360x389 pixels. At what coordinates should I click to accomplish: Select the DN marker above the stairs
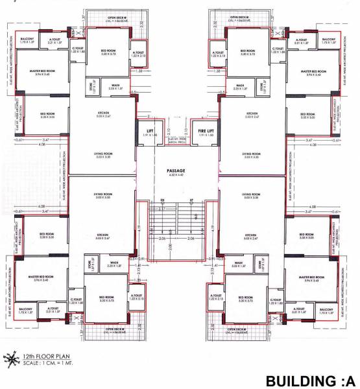[163, 200]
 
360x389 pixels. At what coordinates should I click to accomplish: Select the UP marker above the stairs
[191, 200]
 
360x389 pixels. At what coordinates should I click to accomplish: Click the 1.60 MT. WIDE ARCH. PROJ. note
[177, 140]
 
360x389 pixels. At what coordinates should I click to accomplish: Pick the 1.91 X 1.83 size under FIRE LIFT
[204, 136]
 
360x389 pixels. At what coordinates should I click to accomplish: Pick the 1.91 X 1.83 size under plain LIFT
[150, 136]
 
